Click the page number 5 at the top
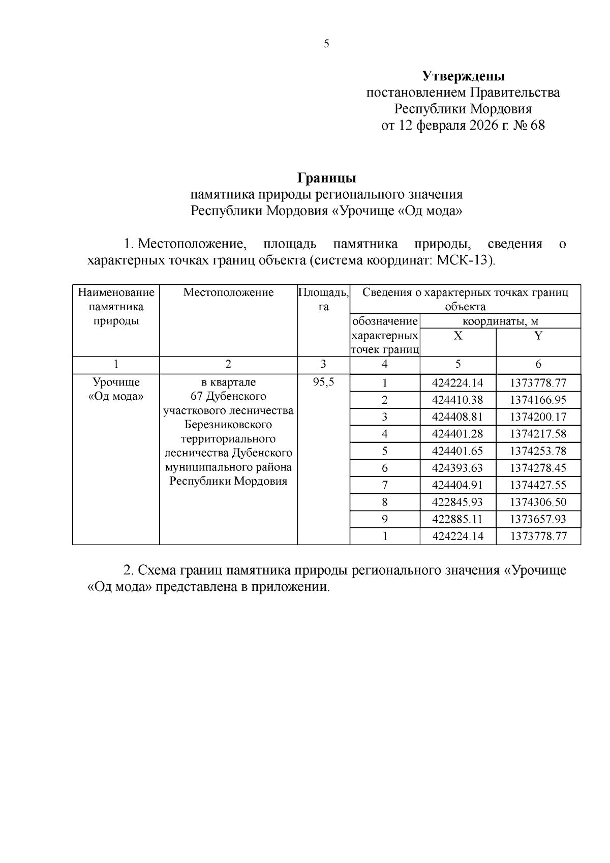point(326,44)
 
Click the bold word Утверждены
point(463,77)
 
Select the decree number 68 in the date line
point(537,125)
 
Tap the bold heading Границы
point(326,178)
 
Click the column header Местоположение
point(228,292)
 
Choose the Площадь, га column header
point(323,300)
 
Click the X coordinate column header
point(458,336)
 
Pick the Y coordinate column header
point(538,336)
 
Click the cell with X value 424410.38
point(457,400)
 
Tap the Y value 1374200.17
point(538,417)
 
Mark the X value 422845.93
point(457,502)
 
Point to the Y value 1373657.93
point(538,519)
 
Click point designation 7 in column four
point(385,485)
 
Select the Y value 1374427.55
point(538,485)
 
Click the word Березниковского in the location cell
point(228,425)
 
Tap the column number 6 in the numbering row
point(538,364)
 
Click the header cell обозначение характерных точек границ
point(385,336)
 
